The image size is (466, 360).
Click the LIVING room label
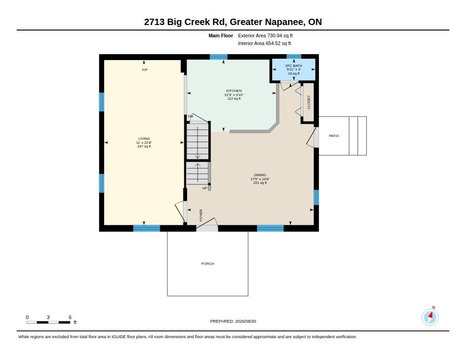tap(144, 138)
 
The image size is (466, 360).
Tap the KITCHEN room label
tap(234, 91)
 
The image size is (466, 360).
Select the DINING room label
tap(260, 175)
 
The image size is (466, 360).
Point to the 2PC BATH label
tap(294, 66)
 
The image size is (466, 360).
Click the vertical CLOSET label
tap(309, 102)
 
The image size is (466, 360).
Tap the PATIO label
tap(334, 136)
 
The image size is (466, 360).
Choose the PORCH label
tap(208, 264)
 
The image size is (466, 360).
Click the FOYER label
tap(201, 215)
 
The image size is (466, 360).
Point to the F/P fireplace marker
tap(145, 70)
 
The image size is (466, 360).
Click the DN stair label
tap(191, 116)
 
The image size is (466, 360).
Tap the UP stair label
tap(205, 188)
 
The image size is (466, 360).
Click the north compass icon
tap(430, 317)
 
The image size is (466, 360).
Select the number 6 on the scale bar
tap(70, 317)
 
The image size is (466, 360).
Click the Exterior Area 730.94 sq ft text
tap(265, 35)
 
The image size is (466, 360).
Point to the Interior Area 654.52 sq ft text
tap(264, 43)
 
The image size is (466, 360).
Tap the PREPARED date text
tap(233, 321)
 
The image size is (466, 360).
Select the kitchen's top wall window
tap(219, 57)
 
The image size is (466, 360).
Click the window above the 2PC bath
tap(294, 56)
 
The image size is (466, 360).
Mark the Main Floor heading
tap(221, 35)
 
